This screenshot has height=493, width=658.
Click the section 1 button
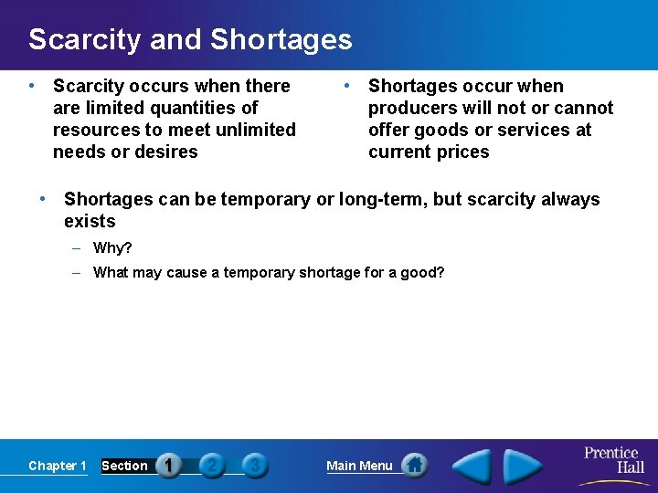coord(169,466)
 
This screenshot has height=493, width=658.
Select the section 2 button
coord(212,466)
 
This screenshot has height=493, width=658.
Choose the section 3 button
coord(255,466)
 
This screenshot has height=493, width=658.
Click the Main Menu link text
coord(359,466)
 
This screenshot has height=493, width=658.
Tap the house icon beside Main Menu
coord(414,466)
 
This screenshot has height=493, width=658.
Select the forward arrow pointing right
coord(523,467)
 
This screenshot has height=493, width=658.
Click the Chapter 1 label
coord(58,466)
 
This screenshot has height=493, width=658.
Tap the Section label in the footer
coord(124,466)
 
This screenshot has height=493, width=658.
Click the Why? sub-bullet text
coord(112,248)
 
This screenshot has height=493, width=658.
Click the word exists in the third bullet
coord(90,221)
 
